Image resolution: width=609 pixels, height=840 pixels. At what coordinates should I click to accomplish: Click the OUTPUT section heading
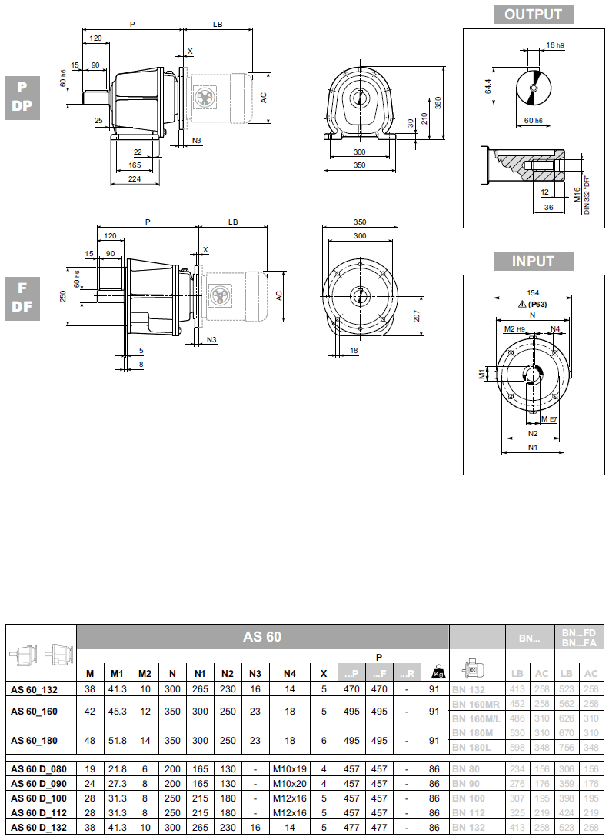pos(533,14)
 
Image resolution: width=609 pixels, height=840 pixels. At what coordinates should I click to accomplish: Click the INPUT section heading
pos(533,261)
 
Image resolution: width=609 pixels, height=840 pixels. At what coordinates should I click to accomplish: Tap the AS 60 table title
pos(262,637)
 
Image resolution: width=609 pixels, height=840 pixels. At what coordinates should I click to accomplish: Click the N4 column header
pos(289,674)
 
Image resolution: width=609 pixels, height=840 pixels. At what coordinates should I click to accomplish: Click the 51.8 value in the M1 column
pos(118,741)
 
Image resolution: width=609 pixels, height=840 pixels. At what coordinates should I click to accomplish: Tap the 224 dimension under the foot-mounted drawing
pos(134,179)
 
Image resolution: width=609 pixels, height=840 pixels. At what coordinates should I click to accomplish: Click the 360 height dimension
pos(438,103)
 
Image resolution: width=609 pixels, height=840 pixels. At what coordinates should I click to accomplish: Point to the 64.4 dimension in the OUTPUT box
pos(487,85)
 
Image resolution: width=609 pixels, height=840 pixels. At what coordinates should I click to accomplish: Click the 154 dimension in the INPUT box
pos(533,293)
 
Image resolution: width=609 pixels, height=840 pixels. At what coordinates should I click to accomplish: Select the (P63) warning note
pos(533,305)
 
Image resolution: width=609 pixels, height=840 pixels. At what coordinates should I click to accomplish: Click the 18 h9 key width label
pos(554,45)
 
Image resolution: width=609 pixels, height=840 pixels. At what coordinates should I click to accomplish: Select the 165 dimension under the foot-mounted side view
pos(134,165)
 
